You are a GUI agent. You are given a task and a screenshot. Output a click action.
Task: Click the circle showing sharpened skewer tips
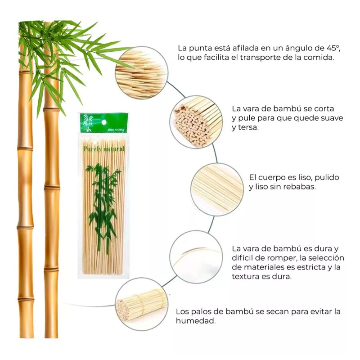click(141, 72)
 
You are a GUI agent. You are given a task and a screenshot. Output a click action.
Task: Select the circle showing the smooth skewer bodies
click(217, 189)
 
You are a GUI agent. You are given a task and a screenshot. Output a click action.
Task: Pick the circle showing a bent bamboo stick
click(197, 256)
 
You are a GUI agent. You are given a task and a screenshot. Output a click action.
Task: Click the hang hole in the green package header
click(103, 121)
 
